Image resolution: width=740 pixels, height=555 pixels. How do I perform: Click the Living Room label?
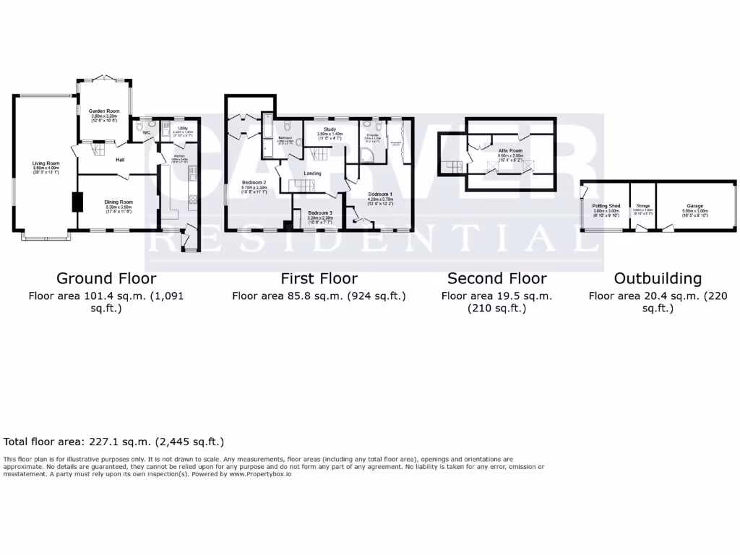tap(46, 163)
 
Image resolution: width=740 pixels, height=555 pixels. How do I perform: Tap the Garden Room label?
tap(103, 111)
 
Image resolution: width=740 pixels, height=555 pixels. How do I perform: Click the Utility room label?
tap(183, 128)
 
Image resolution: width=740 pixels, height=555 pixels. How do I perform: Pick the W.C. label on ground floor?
tap(147, 133)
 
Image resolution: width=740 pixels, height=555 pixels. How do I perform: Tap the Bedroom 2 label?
tap(254, 182)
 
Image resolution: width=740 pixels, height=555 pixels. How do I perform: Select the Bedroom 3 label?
tap(320, 214)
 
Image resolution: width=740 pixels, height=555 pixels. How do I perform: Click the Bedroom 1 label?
tap(380, 194)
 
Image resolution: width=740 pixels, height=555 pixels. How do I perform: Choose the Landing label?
tap(312, 173)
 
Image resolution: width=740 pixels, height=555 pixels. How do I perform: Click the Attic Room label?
tap(509, 151)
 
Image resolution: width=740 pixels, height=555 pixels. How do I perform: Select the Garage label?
tap(695, 206)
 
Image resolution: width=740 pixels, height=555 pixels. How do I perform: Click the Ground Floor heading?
tap(106, 278)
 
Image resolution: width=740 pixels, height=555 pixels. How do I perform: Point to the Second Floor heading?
tap(496, 278)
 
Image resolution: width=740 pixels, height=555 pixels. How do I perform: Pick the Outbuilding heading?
tap(657, 278)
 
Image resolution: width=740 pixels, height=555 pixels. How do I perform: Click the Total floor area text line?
tap(114, 442)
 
